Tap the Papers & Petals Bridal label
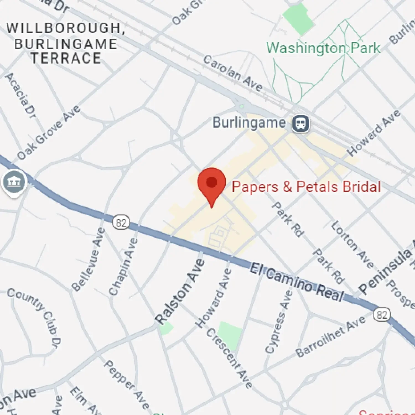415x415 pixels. pyautogui.click(x=306, y=187)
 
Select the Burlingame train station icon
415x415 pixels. pyautogui.click(x=301, y=123)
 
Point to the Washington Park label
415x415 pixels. pyautogui.click(x=323, y=48)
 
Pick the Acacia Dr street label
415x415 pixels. pyautogui.click(x=21, y=95)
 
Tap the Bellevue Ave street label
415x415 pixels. pyautogui.click(x=88, y=260)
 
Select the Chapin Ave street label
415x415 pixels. pyautogui.click(x=123, y=267)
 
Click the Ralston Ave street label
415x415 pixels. pyautogui.click(x=180, y=292)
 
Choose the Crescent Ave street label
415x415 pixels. pyautogui.click(x=229, y=359)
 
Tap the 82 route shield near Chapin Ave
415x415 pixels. pyautogui.click(x=121, y=223)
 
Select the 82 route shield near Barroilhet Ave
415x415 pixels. pyautogui.click(x=382, y=315)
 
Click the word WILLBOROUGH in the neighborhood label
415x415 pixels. pyautogui.click(x=64, y=28)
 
